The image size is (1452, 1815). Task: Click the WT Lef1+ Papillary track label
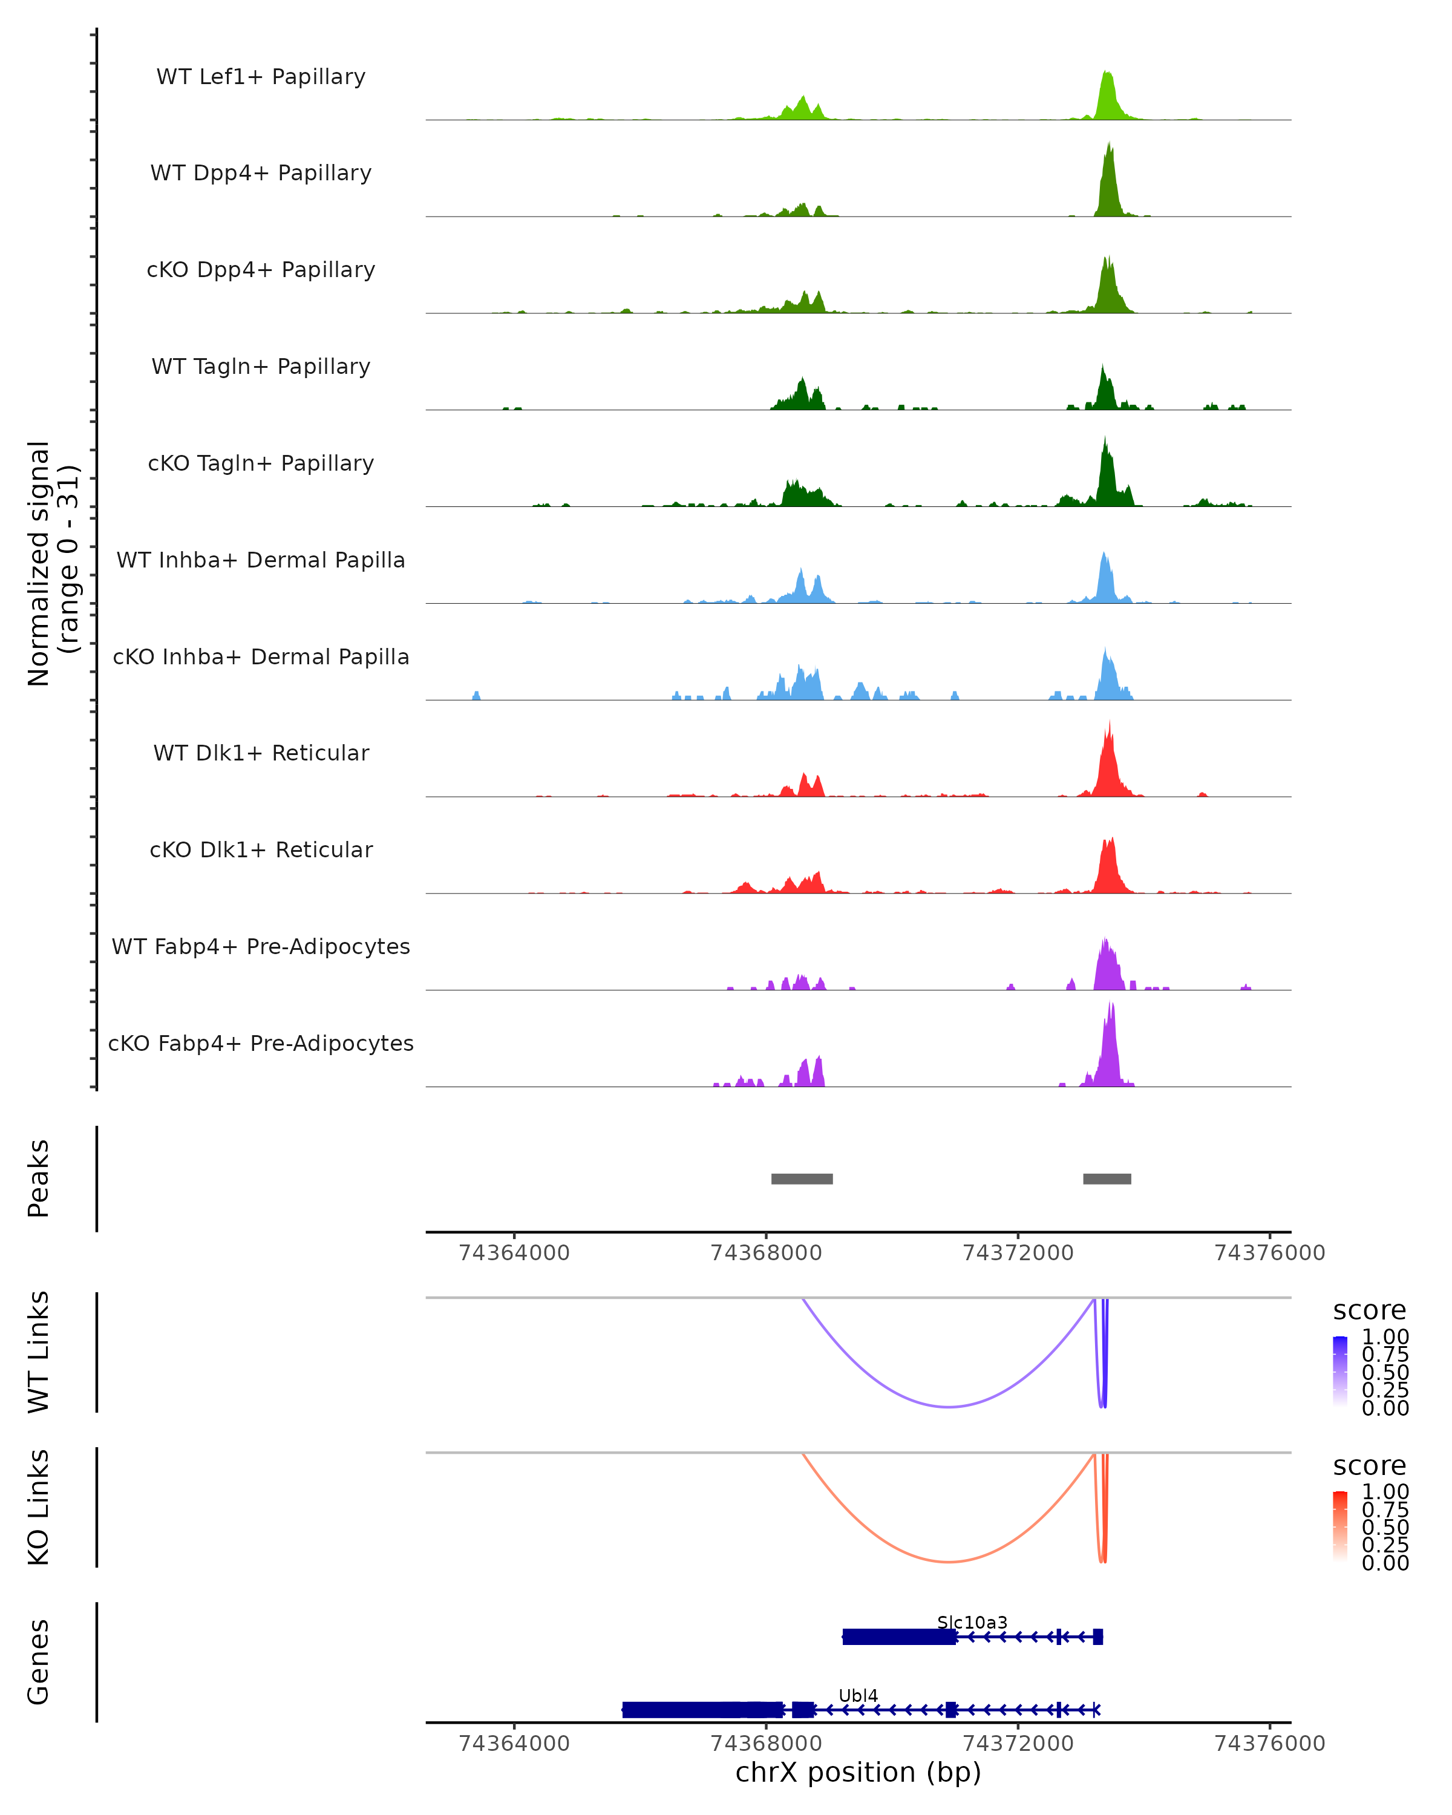point(261,77)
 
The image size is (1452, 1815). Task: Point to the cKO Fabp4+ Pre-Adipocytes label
point(261,1043)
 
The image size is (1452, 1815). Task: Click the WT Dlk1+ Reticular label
point(261,753)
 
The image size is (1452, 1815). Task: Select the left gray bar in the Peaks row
point(802,1179)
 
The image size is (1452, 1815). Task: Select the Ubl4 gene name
point(858,1695)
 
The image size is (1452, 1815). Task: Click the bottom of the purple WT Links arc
point(949,1406)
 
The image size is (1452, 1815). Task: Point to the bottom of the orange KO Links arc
point(949,1561)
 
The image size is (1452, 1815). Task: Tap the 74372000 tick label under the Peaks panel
point(1017,1253)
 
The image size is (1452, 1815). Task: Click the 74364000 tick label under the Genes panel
point(514,1744)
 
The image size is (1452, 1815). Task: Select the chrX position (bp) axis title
point(858,1773)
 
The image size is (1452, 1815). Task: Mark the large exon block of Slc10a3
point(899,1637)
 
